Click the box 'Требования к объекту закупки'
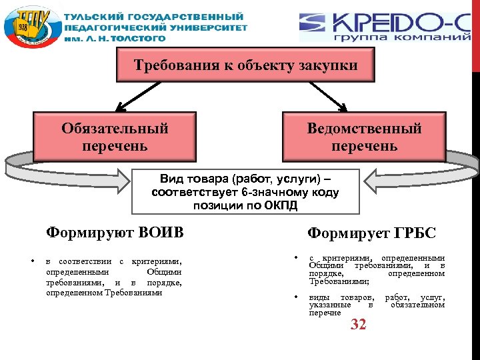coord(245,66)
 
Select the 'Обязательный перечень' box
coord(115,137)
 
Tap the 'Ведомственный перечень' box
coord(364,137)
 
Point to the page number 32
coord(359,325)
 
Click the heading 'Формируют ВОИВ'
coord(115,233)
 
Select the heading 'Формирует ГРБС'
coord(371,233)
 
